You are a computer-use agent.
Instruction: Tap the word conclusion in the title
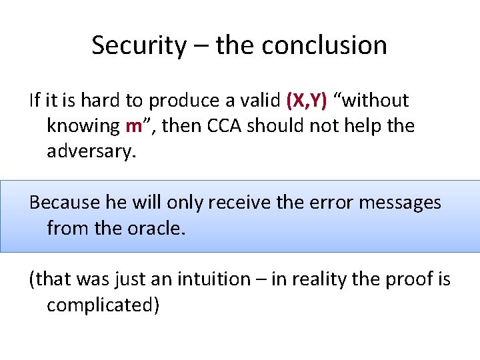(x=324, y=45)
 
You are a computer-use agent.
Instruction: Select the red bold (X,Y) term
(x=306, y=101)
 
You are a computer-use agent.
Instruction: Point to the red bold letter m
(x=133, y=125)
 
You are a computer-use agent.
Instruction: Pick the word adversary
(x=91, y=151)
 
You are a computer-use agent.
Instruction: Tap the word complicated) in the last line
(x=103, y=305)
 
